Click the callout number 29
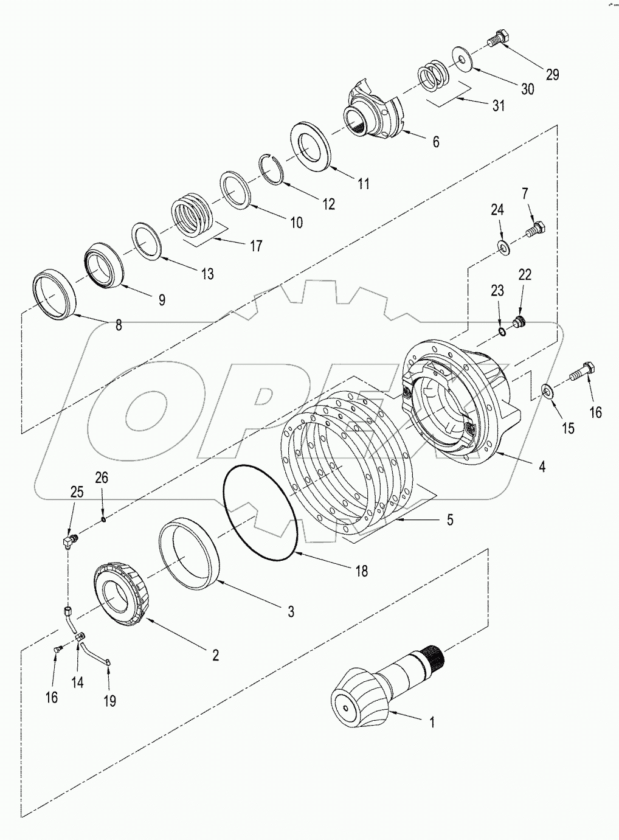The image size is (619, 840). pos(552,75)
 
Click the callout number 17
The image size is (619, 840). pos(256,245)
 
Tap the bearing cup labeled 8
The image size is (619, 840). pos(54,296)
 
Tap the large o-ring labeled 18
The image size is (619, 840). pos(260,513)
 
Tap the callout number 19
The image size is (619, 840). pos(109,701)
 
